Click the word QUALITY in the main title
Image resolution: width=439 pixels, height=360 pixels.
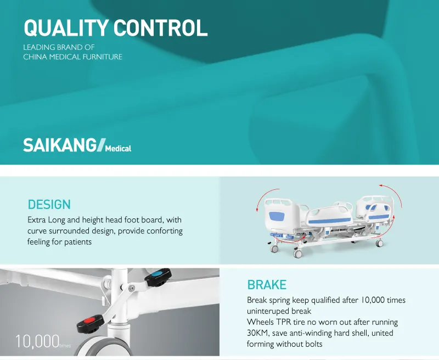(x=65, y=28)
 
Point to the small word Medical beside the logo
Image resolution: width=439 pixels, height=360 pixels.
(x=118, y=148)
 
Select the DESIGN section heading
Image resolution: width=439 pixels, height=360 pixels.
(x=49, y=205)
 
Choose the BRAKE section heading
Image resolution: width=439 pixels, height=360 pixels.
(x=267, y=285)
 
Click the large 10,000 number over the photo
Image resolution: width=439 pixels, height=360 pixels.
(x=37, y=341)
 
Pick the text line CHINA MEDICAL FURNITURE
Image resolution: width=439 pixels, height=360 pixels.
(x=72, y=57)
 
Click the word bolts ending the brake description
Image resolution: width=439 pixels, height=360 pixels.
(x=312, y=344)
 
